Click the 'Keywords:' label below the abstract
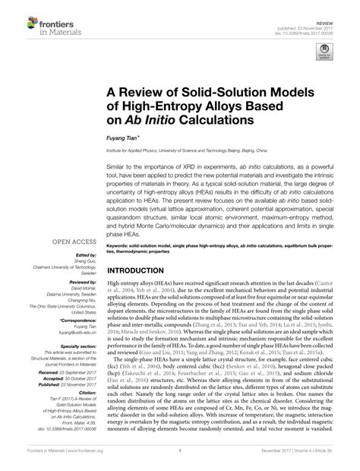click(x=122, y=225)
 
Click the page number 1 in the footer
click(x=179, y=460)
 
